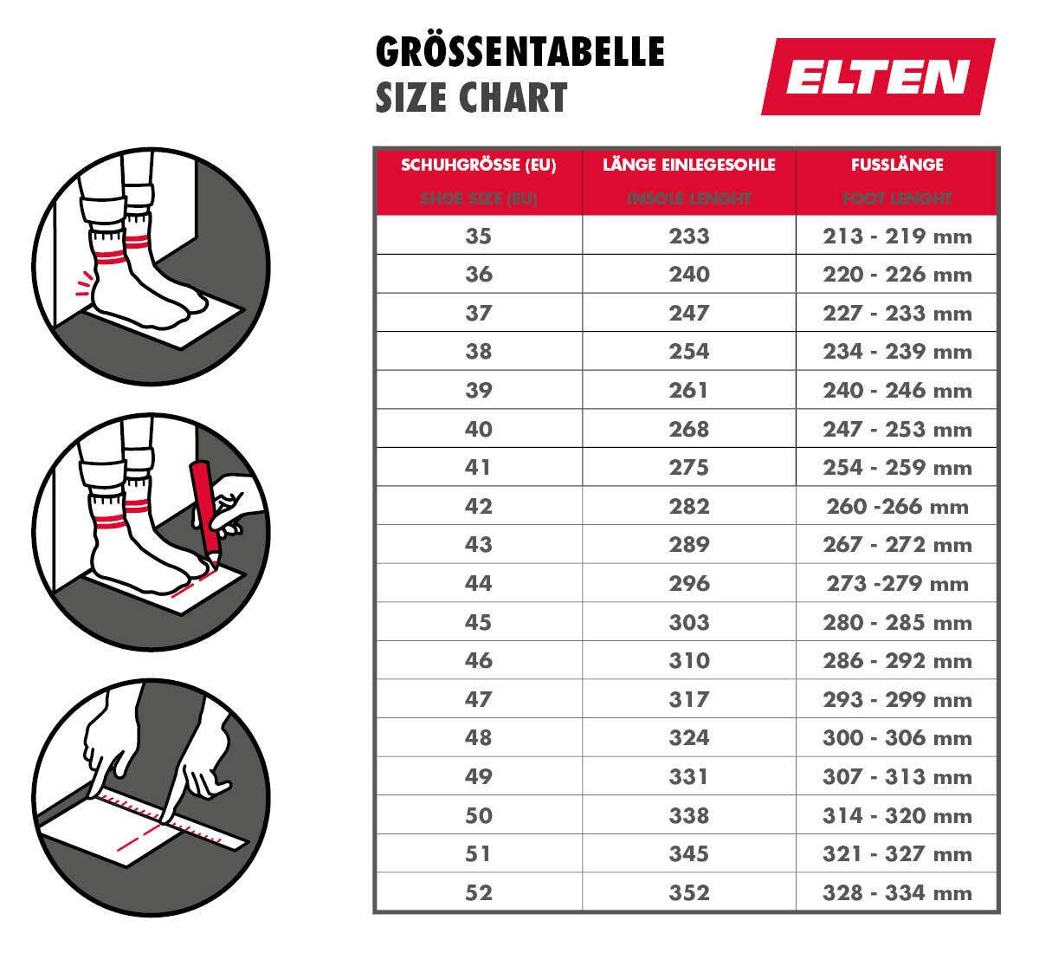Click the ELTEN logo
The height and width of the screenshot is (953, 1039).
click(x=878, y=76)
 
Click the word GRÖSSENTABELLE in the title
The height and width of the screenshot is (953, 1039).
click(x=519, y=52)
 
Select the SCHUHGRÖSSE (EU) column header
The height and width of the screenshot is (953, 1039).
click(x=478, y=165)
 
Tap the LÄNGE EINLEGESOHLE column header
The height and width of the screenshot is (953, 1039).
click(x=688, y=165)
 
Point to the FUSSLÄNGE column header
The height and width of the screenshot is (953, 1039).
click(x=897, y=165)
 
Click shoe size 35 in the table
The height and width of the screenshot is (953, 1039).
click(x=478, y=236)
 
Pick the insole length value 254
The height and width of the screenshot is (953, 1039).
click(x=688, y=351)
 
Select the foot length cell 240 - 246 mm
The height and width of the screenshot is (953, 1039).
click(x=897, y=390)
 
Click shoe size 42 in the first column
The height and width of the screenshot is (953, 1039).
click(x=478, y=506)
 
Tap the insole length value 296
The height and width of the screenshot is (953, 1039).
click(x=688, y=583)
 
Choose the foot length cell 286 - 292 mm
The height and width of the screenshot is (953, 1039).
click(x=897, y=660)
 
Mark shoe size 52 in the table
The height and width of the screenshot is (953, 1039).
click(x=478, y=892)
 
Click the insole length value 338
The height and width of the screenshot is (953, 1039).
click(x=688, y=815)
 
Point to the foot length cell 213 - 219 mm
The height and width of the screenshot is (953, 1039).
click(x=897, y=236)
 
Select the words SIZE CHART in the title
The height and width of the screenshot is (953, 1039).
click(x=471, y=98)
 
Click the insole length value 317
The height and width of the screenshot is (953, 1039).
click(x=688, y=699)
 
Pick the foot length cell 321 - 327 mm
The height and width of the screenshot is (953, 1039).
click(x=897, y=854)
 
